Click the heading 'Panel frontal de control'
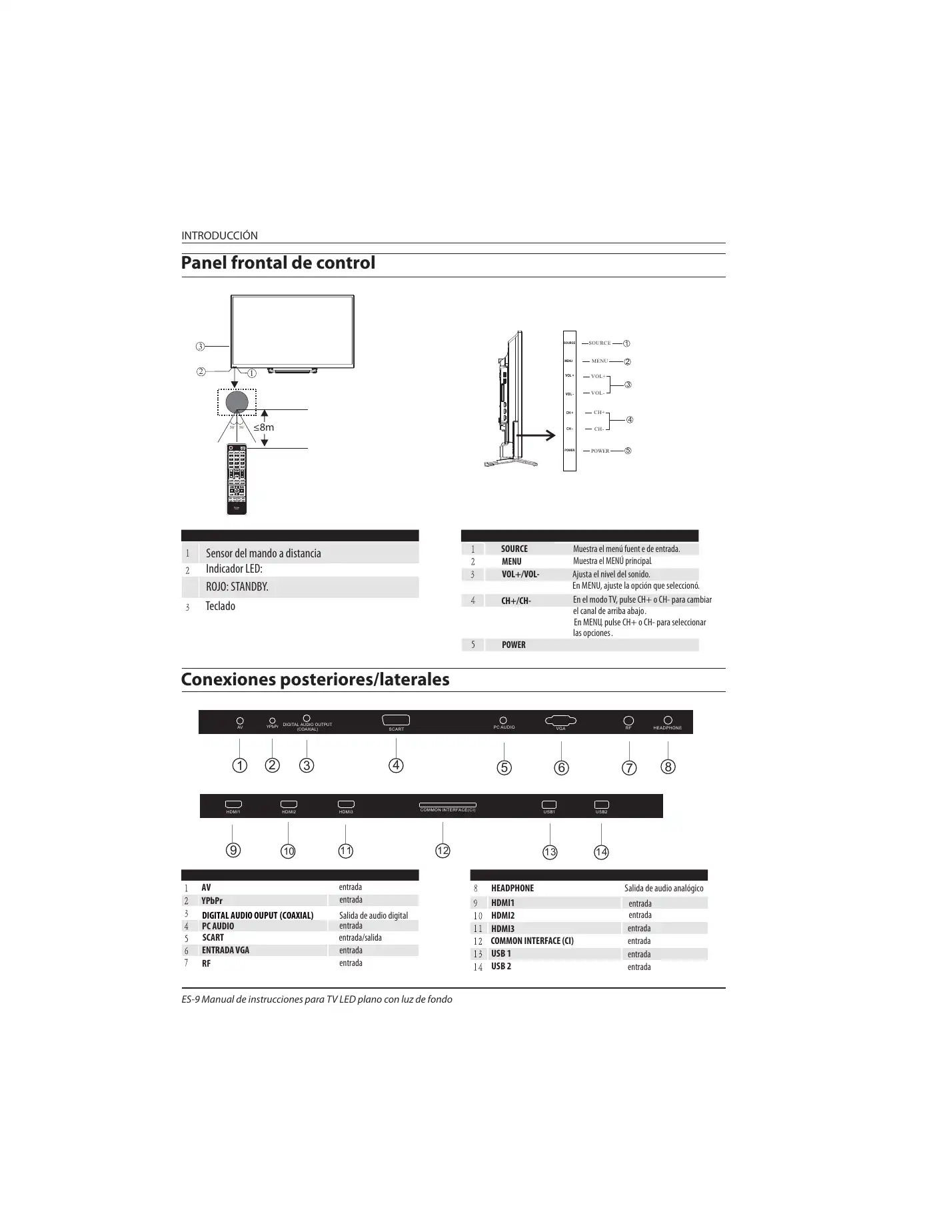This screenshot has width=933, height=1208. click(278, 263)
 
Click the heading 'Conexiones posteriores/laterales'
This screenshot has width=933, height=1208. click(315, 680)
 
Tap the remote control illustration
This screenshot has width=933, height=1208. click(237, 479)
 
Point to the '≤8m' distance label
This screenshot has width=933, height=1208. click(263, 427)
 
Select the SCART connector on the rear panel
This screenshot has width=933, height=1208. click(396, 720)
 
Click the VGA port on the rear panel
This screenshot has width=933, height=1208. click(560, 720)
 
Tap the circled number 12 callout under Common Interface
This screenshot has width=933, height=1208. click(443, 851)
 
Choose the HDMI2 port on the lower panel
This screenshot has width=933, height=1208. click(289, 805)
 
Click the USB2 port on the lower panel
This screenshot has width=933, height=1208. click(601, 805)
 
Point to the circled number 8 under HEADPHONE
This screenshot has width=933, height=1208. click(668, 767)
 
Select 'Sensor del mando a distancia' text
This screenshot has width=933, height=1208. click(263, 553)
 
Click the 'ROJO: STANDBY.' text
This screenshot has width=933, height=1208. click(237, 587)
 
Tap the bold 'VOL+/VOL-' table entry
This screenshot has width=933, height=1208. click(520, 575)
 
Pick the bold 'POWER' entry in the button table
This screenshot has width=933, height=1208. click(514, 645)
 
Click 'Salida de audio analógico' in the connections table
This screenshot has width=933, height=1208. click(664, 889)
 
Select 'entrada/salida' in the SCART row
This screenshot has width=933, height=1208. click(361, 938)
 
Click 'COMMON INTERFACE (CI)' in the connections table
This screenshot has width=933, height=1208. click(532, 941)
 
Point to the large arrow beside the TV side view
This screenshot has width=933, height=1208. click(536, 435)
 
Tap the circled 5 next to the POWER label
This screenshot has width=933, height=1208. click(627, 451)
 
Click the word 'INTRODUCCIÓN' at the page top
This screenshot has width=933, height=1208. click(219, 236)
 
